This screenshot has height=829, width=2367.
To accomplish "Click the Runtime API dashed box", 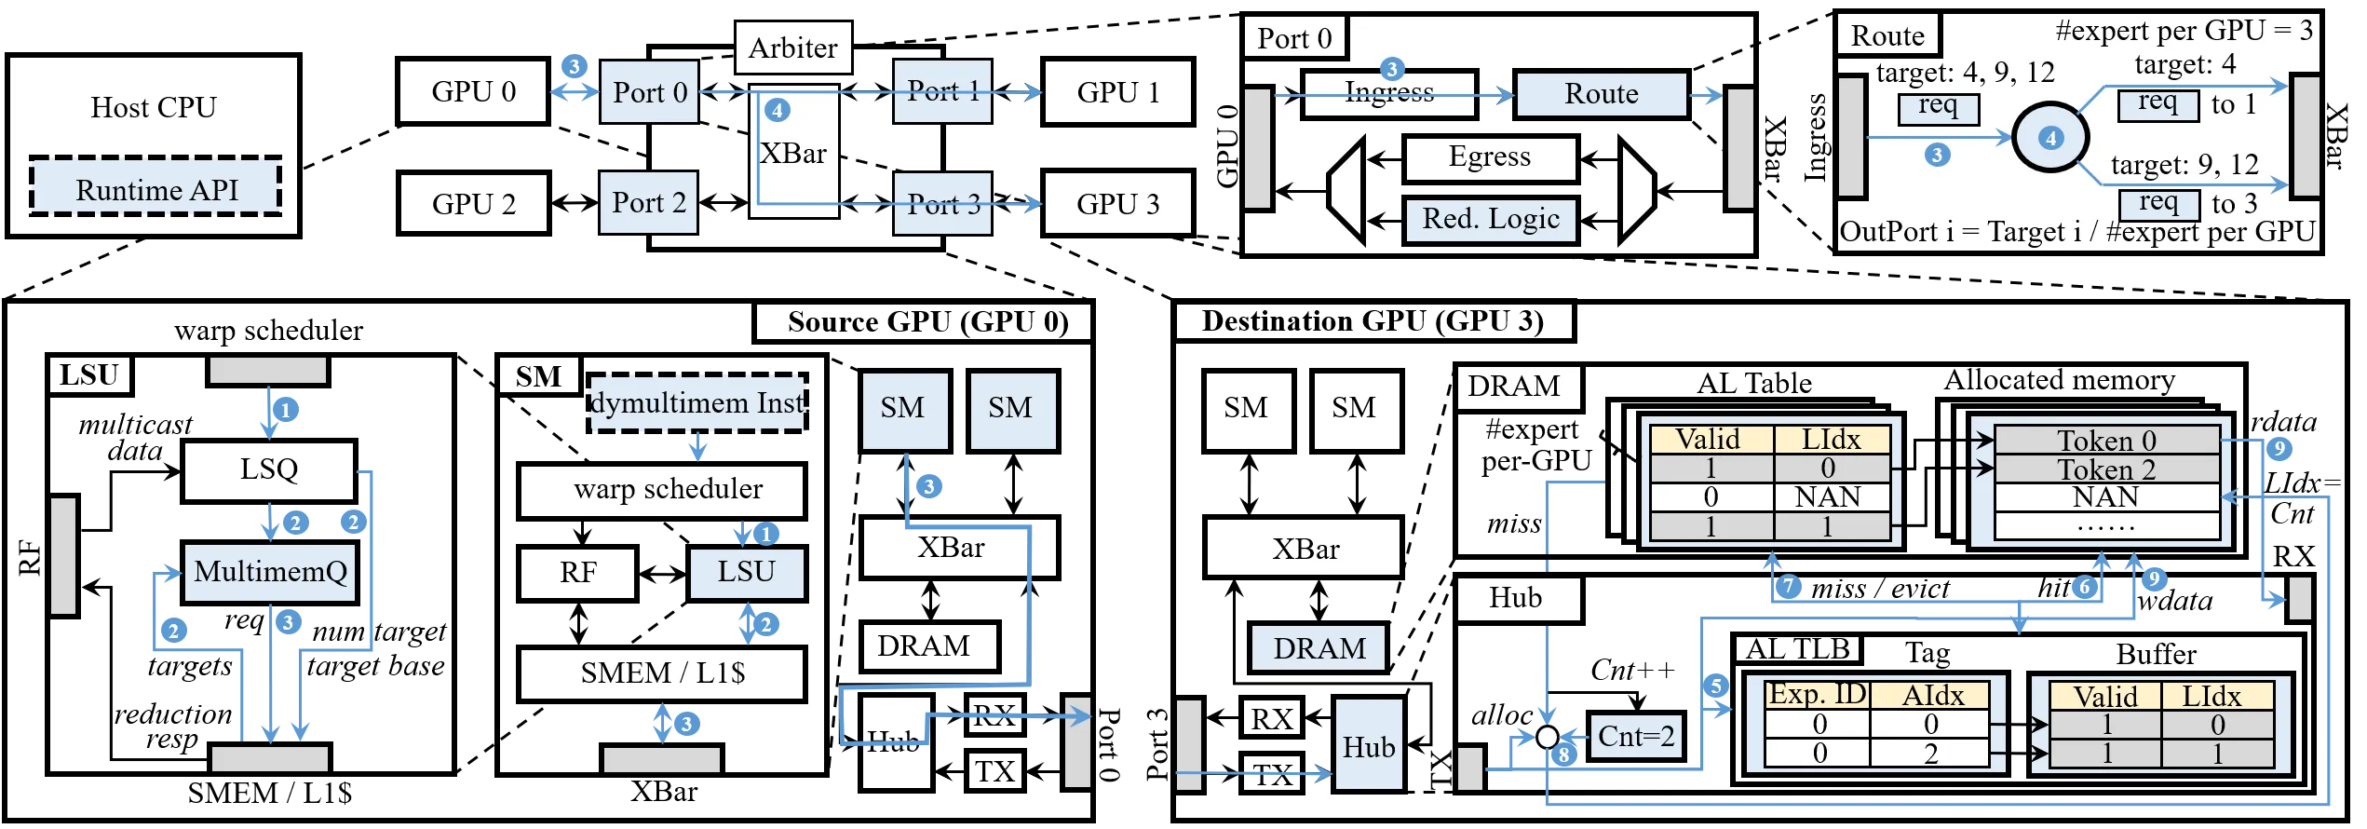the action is tap(156, 186).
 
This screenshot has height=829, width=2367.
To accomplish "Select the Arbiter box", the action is tap(793, 48).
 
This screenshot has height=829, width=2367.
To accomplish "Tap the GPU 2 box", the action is tap(473, 203).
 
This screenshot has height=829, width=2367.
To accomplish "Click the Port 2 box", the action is tap(649, 202).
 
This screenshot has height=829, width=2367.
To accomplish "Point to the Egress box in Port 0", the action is tap(1490, 157).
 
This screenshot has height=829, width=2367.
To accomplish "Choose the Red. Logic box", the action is tap(1490, 220).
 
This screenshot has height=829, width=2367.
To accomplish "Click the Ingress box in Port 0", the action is tap(1388, 93).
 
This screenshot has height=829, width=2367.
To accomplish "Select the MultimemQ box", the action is tap(270, 571).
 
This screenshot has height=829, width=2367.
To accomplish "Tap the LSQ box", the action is tap(269, 469).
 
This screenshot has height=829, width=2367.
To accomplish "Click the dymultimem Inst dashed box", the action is tap(697, 402).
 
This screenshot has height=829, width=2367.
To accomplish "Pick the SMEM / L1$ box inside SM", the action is tap(662, 673).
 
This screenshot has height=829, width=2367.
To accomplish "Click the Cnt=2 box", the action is tap(1636, 737).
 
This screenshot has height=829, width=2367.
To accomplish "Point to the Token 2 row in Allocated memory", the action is tap(2106, 469).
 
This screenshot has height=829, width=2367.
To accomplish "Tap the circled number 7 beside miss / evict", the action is tap(1788, 587).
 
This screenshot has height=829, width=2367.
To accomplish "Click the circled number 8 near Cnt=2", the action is tap(1564, 754).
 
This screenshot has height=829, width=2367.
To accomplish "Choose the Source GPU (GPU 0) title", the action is tap(927, 322).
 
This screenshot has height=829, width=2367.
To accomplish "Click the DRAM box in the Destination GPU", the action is tap(1319, 648).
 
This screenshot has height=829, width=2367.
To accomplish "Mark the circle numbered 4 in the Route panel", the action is tap(2050, 139).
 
